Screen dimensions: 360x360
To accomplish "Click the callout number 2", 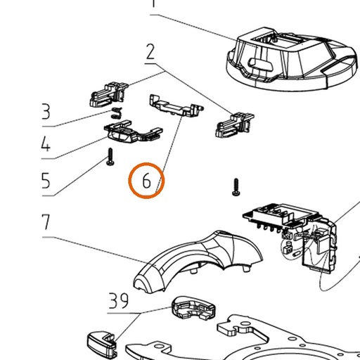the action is pyautogui.click(x=150, y=52).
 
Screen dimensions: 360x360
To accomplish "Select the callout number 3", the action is pyautogui.click(x=46, y=112).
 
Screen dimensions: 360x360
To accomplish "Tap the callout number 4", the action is pyautogui.click(x=46, y=143).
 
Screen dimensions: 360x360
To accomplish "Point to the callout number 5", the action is pyautogui.click(x=46, y=180).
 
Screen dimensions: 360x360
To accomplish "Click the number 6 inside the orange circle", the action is pyautogui.click(x=146, y=181).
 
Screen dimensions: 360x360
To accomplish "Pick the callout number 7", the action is pyautogui.click(x=46, y=221).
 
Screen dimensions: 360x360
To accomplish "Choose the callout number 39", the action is pyautogui.click(x=119, y=301).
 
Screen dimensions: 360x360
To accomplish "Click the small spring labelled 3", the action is pyautogui.click(x=117, y=112).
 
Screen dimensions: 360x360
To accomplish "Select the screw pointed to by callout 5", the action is pyautogui.click(x=110, y=157).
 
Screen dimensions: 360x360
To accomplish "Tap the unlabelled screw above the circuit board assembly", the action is pyautogui.click(x=236, y=187).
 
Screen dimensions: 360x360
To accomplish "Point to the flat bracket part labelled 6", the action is pyautogui.click(x=176, y=105).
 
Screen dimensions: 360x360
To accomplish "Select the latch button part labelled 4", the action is pyautogui.click(x=133, y=131).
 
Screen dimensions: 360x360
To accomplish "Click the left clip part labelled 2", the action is pyautogui.click(x=108, y=94).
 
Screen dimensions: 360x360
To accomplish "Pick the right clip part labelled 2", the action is pyautogui.click(x=234, y=125).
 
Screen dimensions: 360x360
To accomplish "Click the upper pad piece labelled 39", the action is pyautogui.click(x=193, y=308).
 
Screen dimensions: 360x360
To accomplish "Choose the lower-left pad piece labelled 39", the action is pyautogui.click(x=101, y=343).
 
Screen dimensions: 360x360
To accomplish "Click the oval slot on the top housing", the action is pyautogui.click(x=261, y=64).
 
